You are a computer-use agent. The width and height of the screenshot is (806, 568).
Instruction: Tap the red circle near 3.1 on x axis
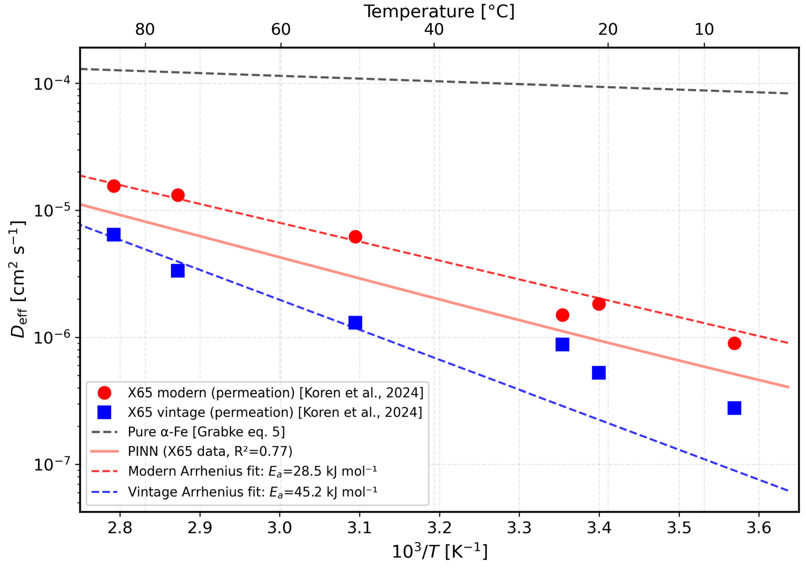pos(355,237)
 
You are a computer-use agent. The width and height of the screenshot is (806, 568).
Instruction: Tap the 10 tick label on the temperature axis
pos(704,29)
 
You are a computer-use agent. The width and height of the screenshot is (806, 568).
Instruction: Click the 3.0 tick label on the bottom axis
pos(280,528)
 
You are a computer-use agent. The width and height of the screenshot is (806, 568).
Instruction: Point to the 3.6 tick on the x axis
pos(759,528)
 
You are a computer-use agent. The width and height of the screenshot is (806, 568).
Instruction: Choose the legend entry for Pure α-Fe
pos(206,432)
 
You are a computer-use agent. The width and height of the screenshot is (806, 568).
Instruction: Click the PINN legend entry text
pos(210,451)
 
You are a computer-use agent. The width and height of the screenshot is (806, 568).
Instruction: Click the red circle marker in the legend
pos(104,393)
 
